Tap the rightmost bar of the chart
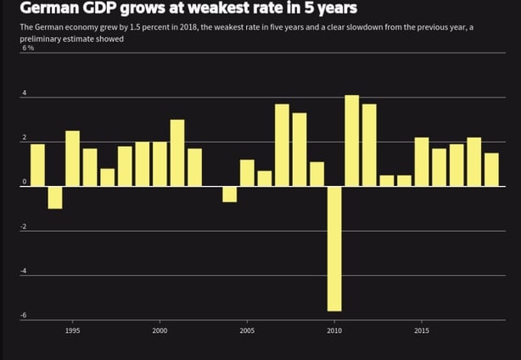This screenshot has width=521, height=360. coord(490,169)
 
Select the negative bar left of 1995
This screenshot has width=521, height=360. coord(54,197)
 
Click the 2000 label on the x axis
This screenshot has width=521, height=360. coord(160,330)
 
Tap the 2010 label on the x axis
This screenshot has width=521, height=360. coord(334,330)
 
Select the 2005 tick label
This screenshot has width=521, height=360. coord(247,330)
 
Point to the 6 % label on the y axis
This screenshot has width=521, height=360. coord(28,48)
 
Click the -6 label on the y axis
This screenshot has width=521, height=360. coord(25,315)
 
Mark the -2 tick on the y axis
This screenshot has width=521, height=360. coord(25,227)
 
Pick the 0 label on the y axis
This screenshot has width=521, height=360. coord(25,183)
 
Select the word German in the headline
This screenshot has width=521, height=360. coord(44,9)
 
